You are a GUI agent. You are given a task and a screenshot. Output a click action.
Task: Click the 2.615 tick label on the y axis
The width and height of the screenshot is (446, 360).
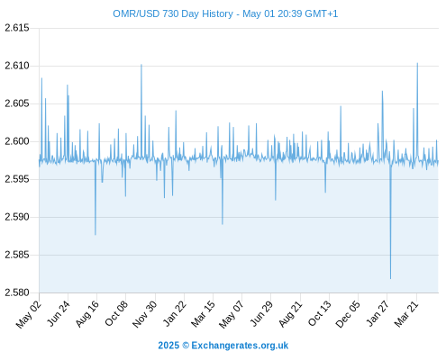[17, 28]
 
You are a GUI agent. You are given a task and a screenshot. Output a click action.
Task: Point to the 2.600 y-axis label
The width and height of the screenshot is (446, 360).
[17, 141]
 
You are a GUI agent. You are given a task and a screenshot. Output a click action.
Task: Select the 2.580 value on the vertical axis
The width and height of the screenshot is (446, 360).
[17, 292]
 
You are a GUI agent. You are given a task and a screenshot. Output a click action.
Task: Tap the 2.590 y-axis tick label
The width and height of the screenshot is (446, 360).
[17, 217]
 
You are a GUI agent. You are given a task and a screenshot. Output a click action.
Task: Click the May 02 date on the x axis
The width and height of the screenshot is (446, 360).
[28, 314]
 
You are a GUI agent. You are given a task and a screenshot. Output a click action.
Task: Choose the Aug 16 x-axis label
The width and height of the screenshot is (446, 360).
[86, 314]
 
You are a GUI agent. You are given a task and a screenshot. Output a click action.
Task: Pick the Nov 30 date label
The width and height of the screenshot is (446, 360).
[144, 314]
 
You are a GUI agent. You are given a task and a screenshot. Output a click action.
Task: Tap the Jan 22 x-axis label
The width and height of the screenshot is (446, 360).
[175, 314]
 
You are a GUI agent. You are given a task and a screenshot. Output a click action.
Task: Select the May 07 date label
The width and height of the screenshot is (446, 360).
[231, 314]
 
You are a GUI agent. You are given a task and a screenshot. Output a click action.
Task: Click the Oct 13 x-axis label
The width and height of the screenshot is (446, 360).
[320, 314]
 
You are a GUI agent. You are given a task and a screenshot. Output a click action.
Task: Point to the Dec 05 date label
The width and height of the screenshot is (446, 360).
[348, 314]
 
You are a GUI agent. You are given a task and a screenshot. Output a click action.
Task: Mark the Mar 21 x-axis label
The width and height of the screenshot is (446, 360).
[406, 314]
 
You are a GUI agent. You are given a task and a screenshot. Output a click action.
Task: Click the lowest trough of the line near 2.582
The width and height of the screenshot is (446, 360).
[390, 279]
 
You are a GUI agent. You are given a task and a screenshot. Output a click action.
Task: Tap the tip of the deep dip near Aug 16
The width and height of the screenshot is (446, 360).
[96, 235]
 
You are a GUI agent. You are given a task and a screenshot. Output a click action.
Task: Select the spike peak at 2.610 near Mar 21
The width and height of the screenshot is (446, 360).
[417, 63]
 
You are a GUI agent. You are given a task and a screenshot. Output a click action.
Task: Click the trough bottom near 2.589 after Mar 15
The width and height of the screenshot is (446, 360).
[223, 224]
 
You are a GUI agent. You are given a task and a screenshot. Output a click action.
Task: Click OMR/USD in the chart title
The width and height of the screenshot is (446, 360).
[136, 13]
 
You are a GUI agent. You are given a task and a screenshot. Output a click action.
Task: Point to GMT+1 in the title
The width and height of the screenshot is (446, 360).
[322, 13]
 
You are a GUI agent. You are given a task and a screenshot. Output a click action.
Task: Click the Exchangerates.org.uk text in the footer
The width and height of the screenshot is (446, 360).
[240, 346]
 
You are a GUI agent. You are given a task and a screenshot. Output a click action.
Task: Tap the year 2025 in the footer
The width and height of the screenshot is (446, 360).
[168, 346]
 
